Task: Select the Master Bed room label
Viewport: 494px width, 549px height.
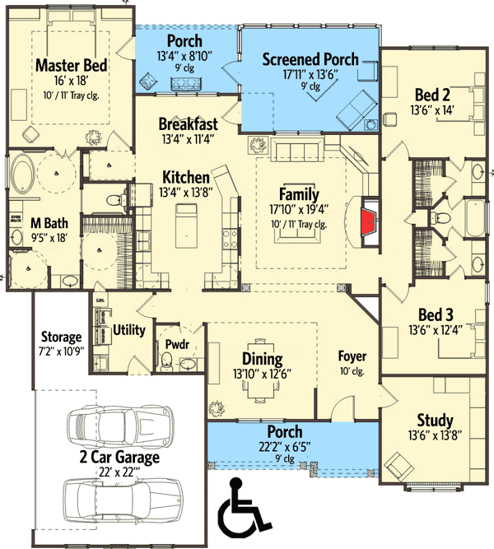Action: point(68,64)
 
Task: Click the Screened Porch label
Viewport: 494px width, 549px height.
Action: point(310,59)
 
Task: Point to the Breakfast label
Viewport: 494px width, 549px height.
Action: point(189,124)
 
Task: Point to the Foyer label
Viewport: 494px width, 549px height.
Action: point(352,356)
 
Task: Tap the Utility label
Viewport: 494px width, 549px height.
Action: point(129,330)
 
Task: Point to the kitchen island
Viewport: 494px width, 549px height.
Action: point(187,230)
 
